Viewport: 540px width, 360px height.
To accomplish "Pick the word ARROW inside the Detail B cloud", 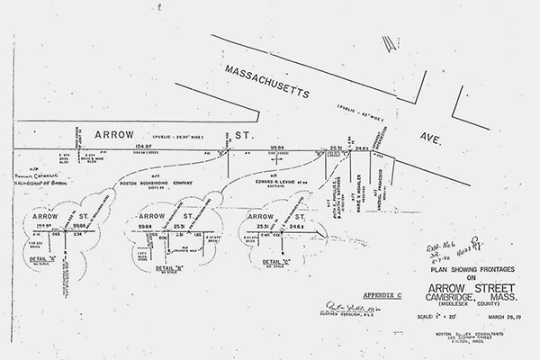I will pos(150,217).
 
